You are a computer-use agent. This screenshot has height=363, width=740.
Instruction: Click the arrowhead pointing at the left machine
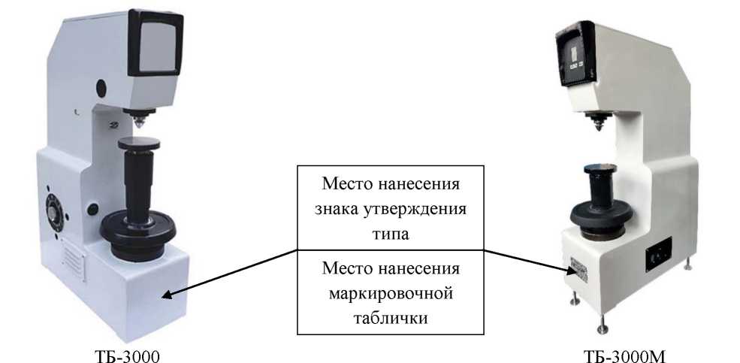click(167, 295)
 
